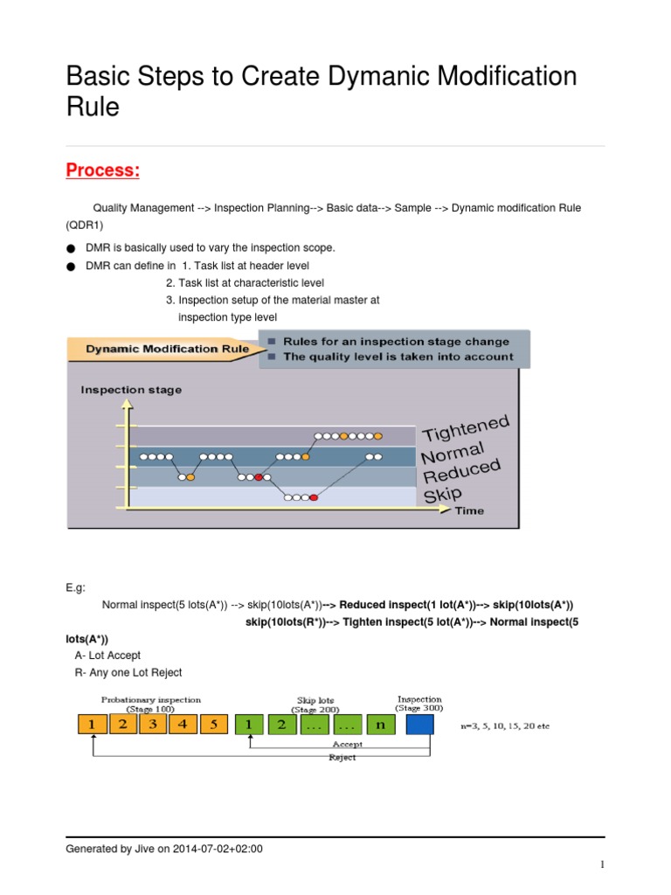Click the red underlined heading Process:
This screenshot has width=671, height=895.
103,170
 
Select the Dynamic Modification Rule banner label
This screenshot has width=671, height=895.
166,350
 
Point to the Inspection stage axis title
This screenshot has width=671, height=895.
131,390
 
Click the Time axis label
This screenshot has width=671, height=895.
468,510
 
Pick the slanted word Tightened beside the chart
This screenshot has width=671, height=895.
466,428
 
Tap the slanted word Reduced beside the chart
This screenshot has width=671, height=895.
462,473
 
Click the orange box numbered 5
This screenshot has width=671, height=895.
213,724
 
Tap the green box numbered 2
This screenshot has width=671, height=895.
281,724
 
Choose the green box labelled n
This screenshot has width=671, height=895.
379,724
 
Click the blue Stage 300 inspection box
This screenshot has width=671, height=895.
419,724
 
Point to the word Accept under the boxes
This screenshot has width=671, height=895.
348,745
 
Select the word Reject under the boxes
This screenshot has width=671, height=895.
342,758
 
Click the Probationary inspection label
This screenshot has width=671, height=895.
151,699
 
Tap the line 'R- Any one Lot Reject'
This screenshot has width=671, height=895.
128,672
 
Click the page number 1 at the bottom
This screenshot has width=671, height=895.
602,865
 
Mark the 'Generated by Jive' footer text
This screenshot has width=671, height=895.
164,848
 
